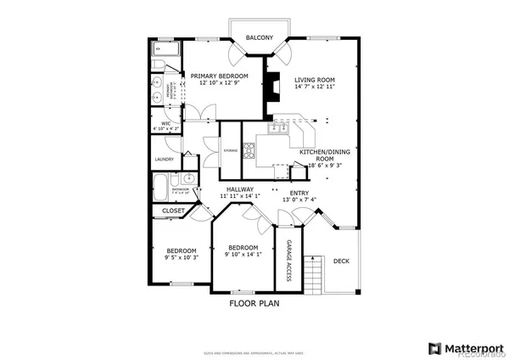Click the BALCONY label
coord(260,38)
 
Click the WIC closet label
coord(166,124)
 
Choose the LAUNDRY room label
coord(165,160)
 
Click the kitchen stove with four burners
coord(250,151)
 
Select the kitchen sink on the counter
coord(277,129)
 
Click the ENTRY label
coord(299,193)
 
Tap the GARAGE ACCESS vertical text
coord(288,261)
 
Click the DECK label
coord(341,262)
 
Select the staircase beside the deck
coord(317,272)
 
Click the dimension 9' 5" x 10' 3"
coord(181,257)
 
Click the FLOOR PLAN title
coord(255,302)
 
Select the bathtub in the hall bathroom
coord(161,187)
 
